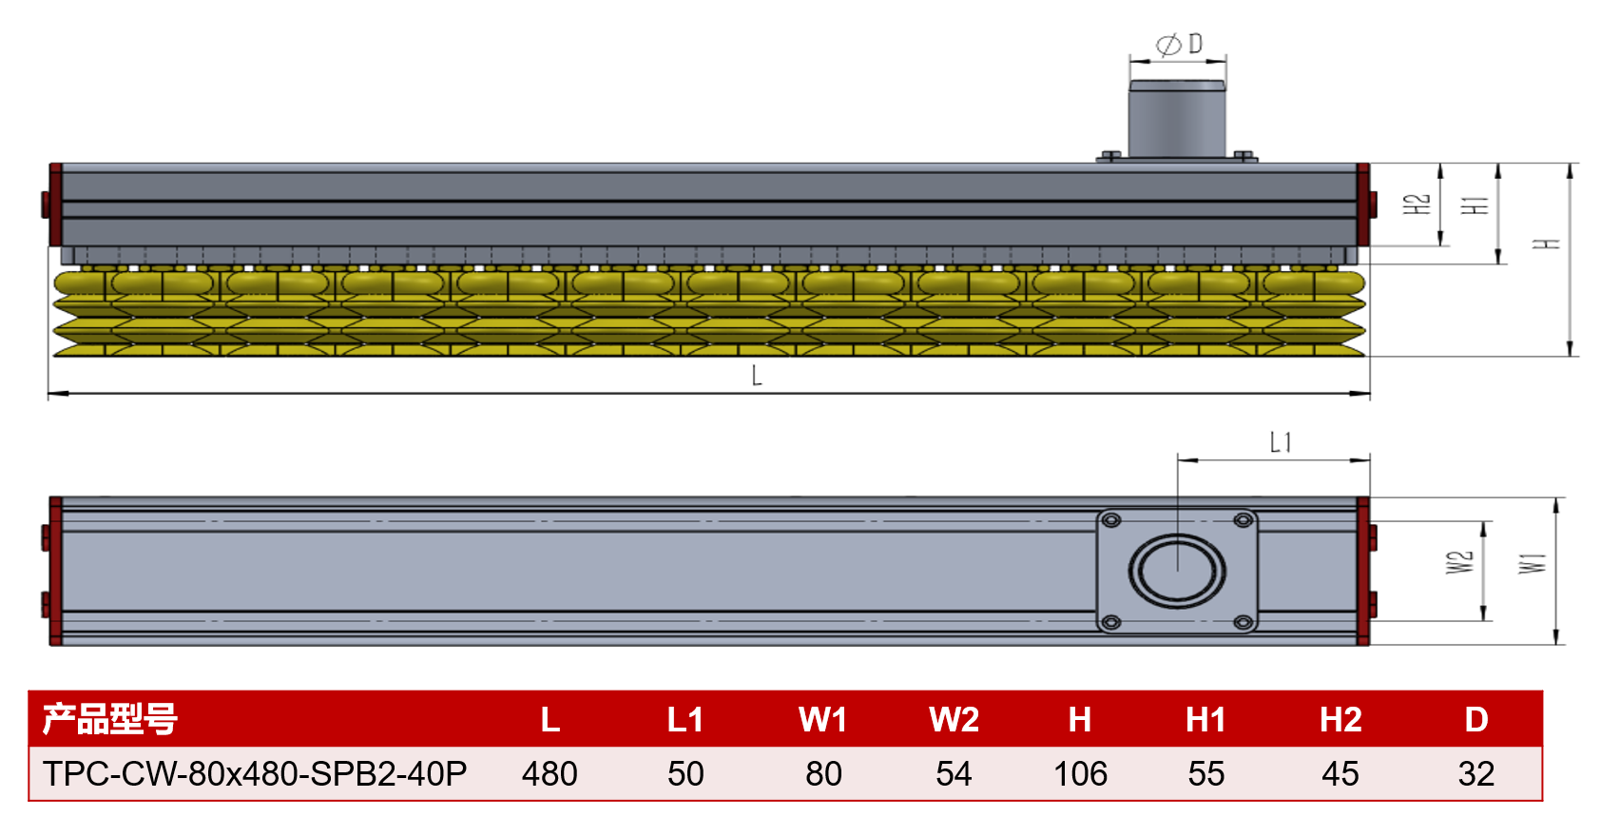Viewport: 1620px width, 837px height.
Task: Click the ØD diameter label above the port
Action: click(1179, 45)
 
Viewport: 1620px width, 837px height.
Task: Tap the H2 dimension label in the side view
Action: click(1417, 204)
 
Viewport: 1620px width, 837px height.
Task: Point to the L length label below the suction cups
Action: click(757, 376)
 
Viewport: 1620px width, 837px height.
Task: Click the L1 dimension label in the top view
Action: click(1281, 442)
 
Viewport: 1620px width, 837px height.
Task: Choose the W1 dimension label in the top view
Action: click(1532, 563)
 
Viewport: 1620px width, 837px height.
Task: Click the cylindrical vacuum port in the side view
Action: click(1177, 120)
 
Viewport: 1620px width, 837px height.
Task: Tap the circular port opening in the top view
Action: click(1177, 571)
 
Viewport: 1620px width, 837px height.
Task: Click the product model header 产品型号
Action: click(110, 719)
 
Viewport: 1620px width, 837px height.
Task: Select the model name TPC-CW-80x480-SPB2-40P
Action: click(255, 774)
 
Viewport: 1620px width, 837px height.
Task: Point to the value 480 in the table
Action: click(550, 774)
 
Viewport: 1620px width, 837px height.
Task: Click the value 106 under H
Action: click(1080, 774)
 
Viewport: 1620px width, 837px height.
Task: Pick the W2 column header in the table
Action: click(954, 720)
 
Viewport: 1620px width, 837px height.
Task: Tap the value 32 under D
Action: click(1475, 774)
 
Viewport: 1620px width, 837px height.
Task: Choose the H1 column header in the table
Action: click(1205, 720)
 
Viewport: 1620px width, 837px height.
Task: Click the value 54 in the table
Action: click(954, 774)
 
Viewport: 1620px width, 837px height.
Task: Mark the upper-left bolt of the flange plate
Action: click(1110, 520)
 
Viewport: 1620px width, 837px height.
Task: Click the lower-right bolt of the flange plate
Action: click(1243, 623)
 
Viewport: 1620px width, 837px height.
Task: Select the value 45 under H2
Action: click(1340, 774)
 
